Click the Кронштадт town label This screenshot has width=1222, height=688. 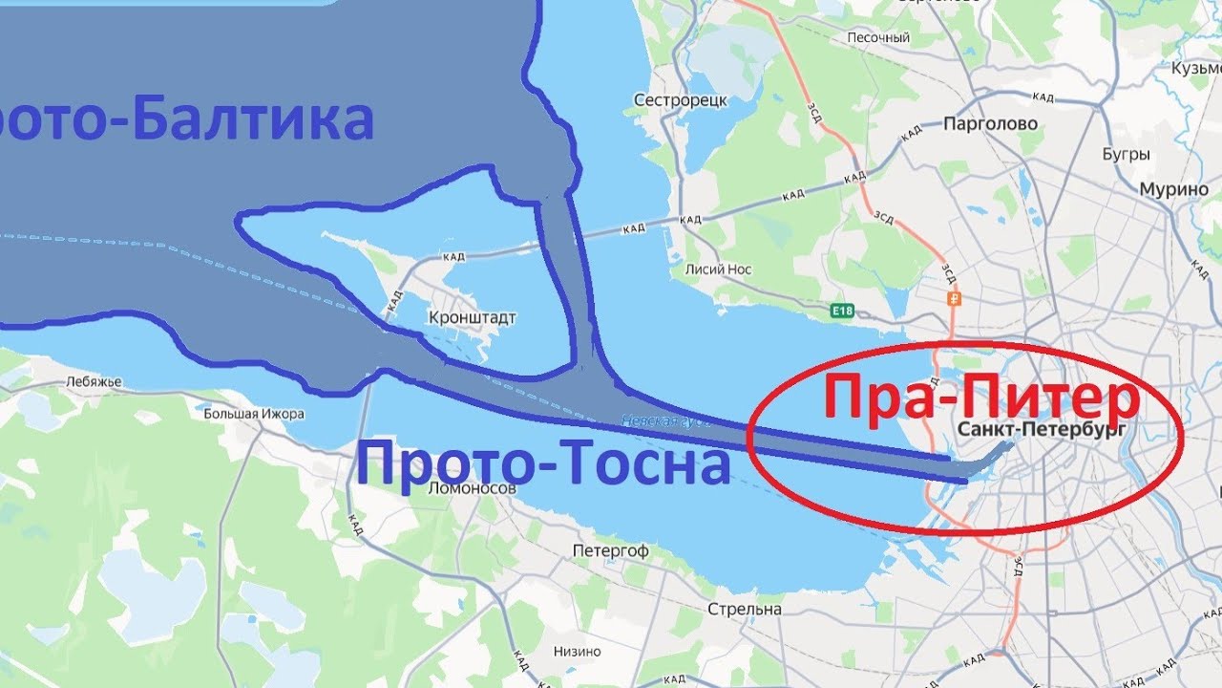tap(473, 317)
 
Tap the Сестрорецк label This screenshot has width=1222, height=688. tap(681, 100)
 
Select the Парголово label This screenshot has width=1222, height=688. tap(990, 124)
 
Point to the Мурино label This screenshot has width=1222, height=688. tap(1173, 189)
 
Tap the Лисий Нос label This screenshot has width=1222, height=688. tap(718, 269)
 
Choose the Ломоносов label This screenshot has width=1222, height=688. tap(473, 487)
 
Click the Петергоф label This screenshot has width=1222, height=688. tap(610, 551)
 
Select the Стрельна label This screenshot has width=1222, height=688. tap(745, 609)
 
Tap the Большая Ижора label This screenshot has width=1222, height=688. tap(254, 414)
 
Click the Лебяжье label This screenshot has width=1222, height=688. tap(94, 381)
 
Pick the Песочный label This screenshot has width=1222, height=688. tap(878, 38)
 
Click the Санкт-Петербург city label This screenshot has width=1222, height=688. tap(1041, 430)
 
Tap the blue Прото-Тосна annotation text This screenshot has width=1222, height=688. tap(544, 465)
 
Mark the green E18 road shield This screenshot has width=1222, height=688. tap(841, 311)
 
